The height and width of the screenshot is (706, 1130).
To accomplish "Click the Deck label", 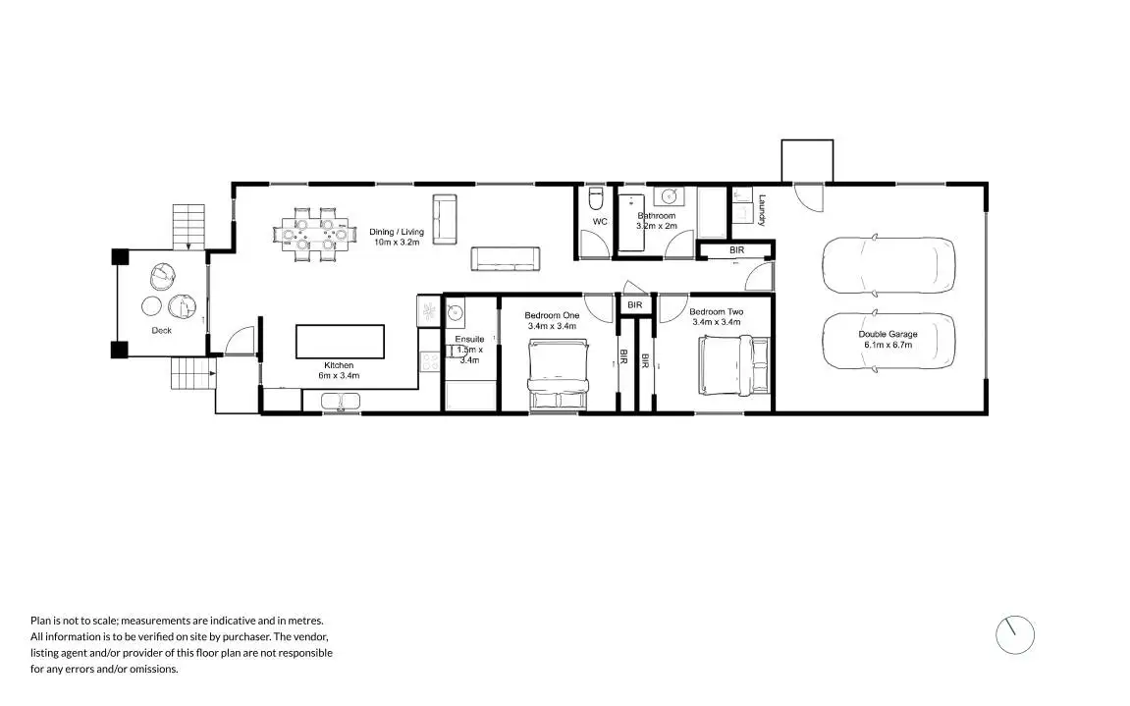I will click(161, 331).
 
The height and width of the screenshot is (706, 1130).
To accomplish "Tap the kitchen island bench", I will click(341, 342).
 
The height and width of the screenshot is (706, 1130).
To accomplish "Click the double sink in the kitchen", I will click(341, 401).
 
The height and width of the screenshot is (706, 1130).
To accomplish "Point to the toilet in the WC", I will click(595, 200).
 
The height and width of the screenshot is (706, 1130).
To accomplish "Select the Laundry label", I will click(762, 209).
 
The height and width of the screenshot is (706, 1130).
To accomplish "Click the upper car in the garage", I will click(888, 265).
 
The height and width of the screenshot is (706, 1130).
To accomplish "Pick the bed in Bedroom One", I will click(558, 374).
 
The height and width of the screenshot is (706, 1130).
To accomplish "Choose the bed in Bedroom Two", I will click(734, 365).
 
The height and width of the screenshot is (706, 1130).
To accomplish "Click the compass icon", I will click(1015, 635).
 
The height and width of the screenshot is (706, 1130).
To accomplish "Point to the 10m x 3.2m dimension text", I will click(397, 242).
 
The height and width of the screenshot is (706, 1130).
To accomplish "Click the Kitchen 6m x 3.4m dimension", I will click(339, 375).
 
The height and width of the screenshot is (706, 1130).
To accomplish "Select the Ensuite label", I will click(469, 340).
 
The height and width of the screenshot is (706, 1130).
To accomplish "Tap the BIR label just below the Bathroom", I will click(736, 251).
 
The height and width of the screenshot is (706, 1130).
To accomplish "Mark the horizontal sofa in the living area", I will click(506, 258).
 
